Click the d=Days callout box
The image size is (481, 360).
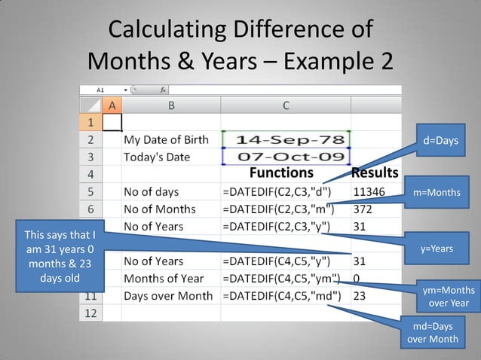pyautogui.click(x=440, y=141)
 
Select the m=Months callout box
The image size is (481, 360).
pyautogui.click(x=437, y=193)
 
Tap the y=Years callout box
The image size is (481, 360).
pyautogui.click(x=437, y=249)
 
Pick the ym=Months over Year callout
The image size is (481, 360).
pyautogui.click(x=448, y=297)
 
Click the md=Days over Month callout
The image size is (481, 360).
pyautogui.click(x=432, y=333)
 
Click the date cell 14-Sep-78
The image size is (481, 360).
pyautogui.click(x=285, y=140)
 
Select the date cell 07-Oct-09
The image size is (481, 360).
pyautogui.click(x=285, y=157)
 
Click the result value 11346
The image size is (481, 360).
pyautogui.click(x=369, y=191)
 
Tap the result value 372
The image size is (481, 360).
pyautogui.click(x=363, y=209)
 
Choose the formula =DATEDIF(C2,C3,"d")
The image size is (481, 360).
pyautogui.click(x=277, y=191)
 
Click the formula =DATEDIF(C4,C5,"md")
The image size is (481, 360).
pyautogui.click(x=281, y=296)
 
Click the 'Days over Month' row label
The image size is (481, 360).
pyautogui.click(x=167, y=296)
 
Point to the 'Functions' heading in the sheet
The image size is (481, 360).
pyautogui.click(x=286, y=174)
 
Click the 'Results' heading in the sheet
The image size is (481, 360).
pyautogui.click(x=375, y=174)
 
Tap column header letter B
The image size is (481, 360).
pyautogui.click(x=171, y=105)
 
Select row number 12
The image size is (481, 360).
pyautogui.click(x=90, y=313)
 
